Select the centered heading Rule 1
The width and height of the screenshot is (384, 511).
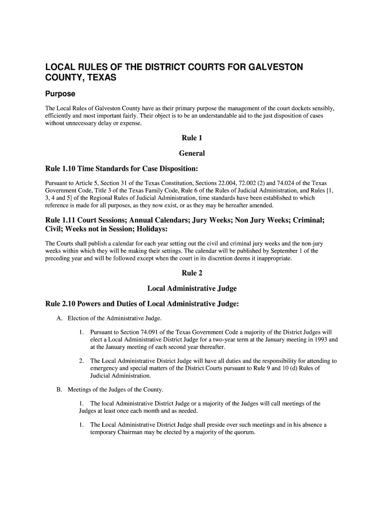coord(192,138)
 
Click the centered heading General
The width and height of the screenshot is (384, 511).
coord(192,153)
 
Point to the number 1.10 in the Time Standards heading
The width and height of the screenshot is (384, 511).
coord(71,169)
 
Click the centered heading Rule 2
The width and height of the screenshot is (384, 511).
coord(192,273)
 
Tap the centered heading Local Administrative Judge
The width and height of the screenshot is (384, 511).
coord(192,288)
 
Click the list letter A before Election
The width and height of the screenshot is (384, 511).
coord(59,318)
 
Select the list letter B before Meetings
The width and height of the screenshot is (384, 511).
coord(59,389)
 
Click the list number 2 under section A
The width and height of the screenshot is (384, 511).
coord(81,361)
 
